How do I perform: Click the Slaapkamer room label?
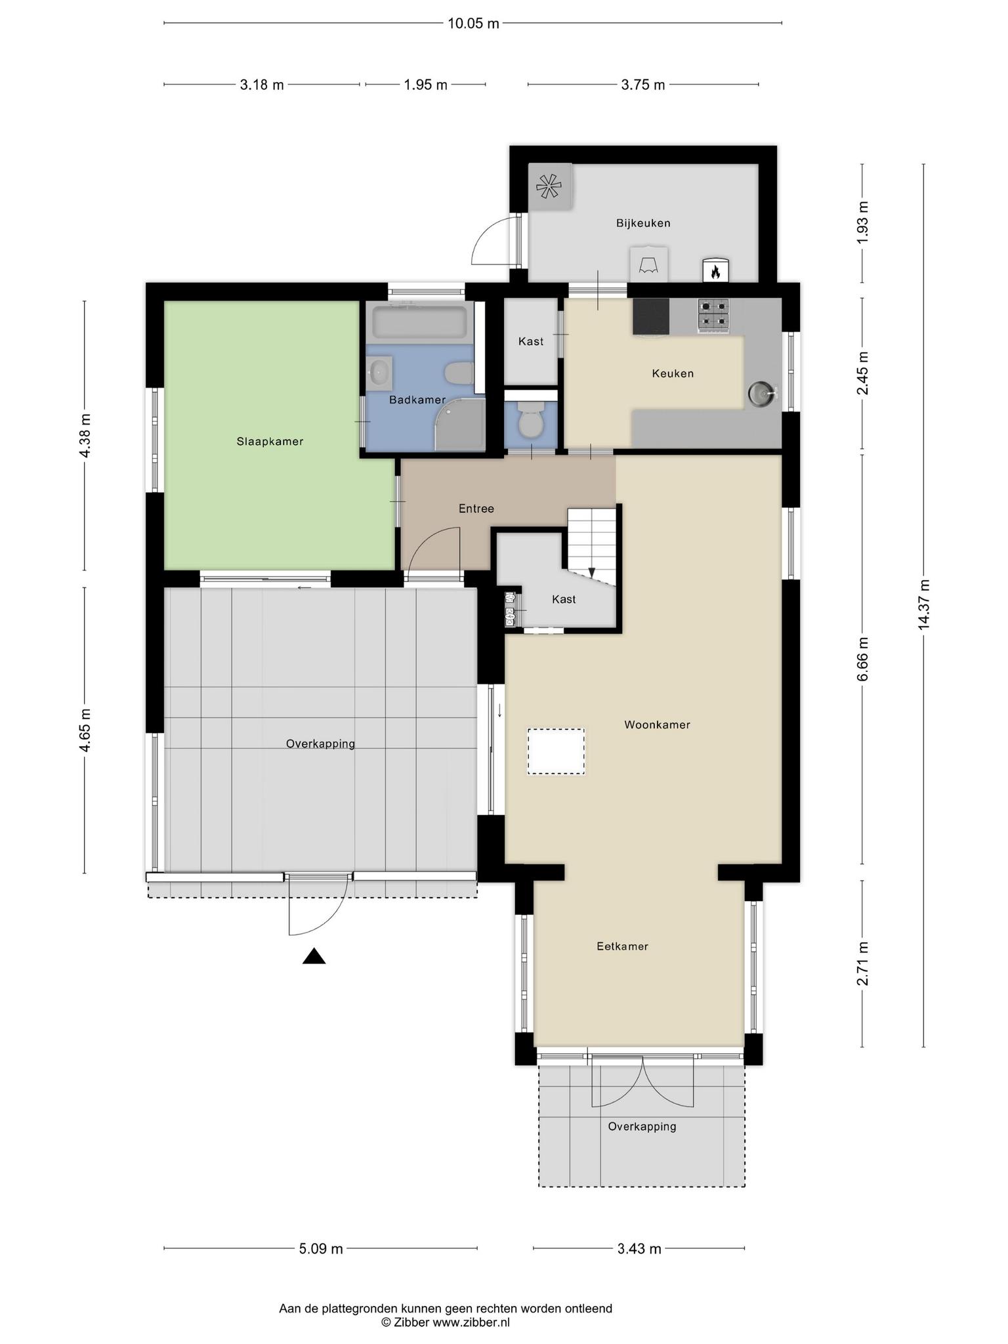point(270,442)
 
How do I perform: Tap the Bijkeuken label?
point(643,223)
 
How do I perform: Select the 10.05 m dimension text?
point(473,24)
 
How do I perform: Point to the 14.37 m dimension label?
point(924,604)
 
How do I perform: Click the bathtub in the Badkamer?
point(420,322)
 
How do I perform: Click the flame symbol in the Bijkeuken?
point(715,270)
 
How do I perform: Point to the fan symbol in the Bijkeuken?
point(549,187)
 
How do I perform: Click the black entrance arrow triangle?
point(314,956)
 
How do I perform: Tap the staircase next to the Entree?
point(592,547)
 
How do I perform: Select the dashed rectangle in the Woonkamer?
point(556,751)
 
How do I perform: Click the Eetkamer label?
point(622,946)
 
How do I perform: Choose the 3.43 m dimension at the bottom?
point(639,1249)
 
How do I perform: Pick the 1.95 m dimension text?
point(425,85)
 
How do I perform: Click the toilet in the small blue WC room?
point(530,421)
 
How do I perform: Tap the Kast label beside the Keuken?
point(531,341)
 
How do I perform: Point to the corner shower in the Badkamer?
point(459,425)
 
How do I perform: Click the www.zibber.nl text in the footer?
point(471,1322)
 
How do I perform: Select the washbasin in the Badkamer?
point(380,373)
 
